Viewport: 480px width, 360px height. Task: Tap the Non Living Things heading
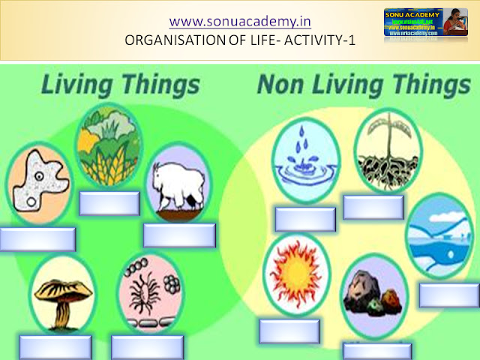tap(354, 84)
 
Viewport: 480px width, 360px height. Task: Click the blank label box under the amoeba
tap(37, 239)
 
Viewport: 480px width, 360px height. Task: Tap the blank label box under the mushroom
tap(55, 346)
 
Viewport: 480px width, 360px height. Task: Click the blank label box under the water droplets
tap(304, 219)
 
